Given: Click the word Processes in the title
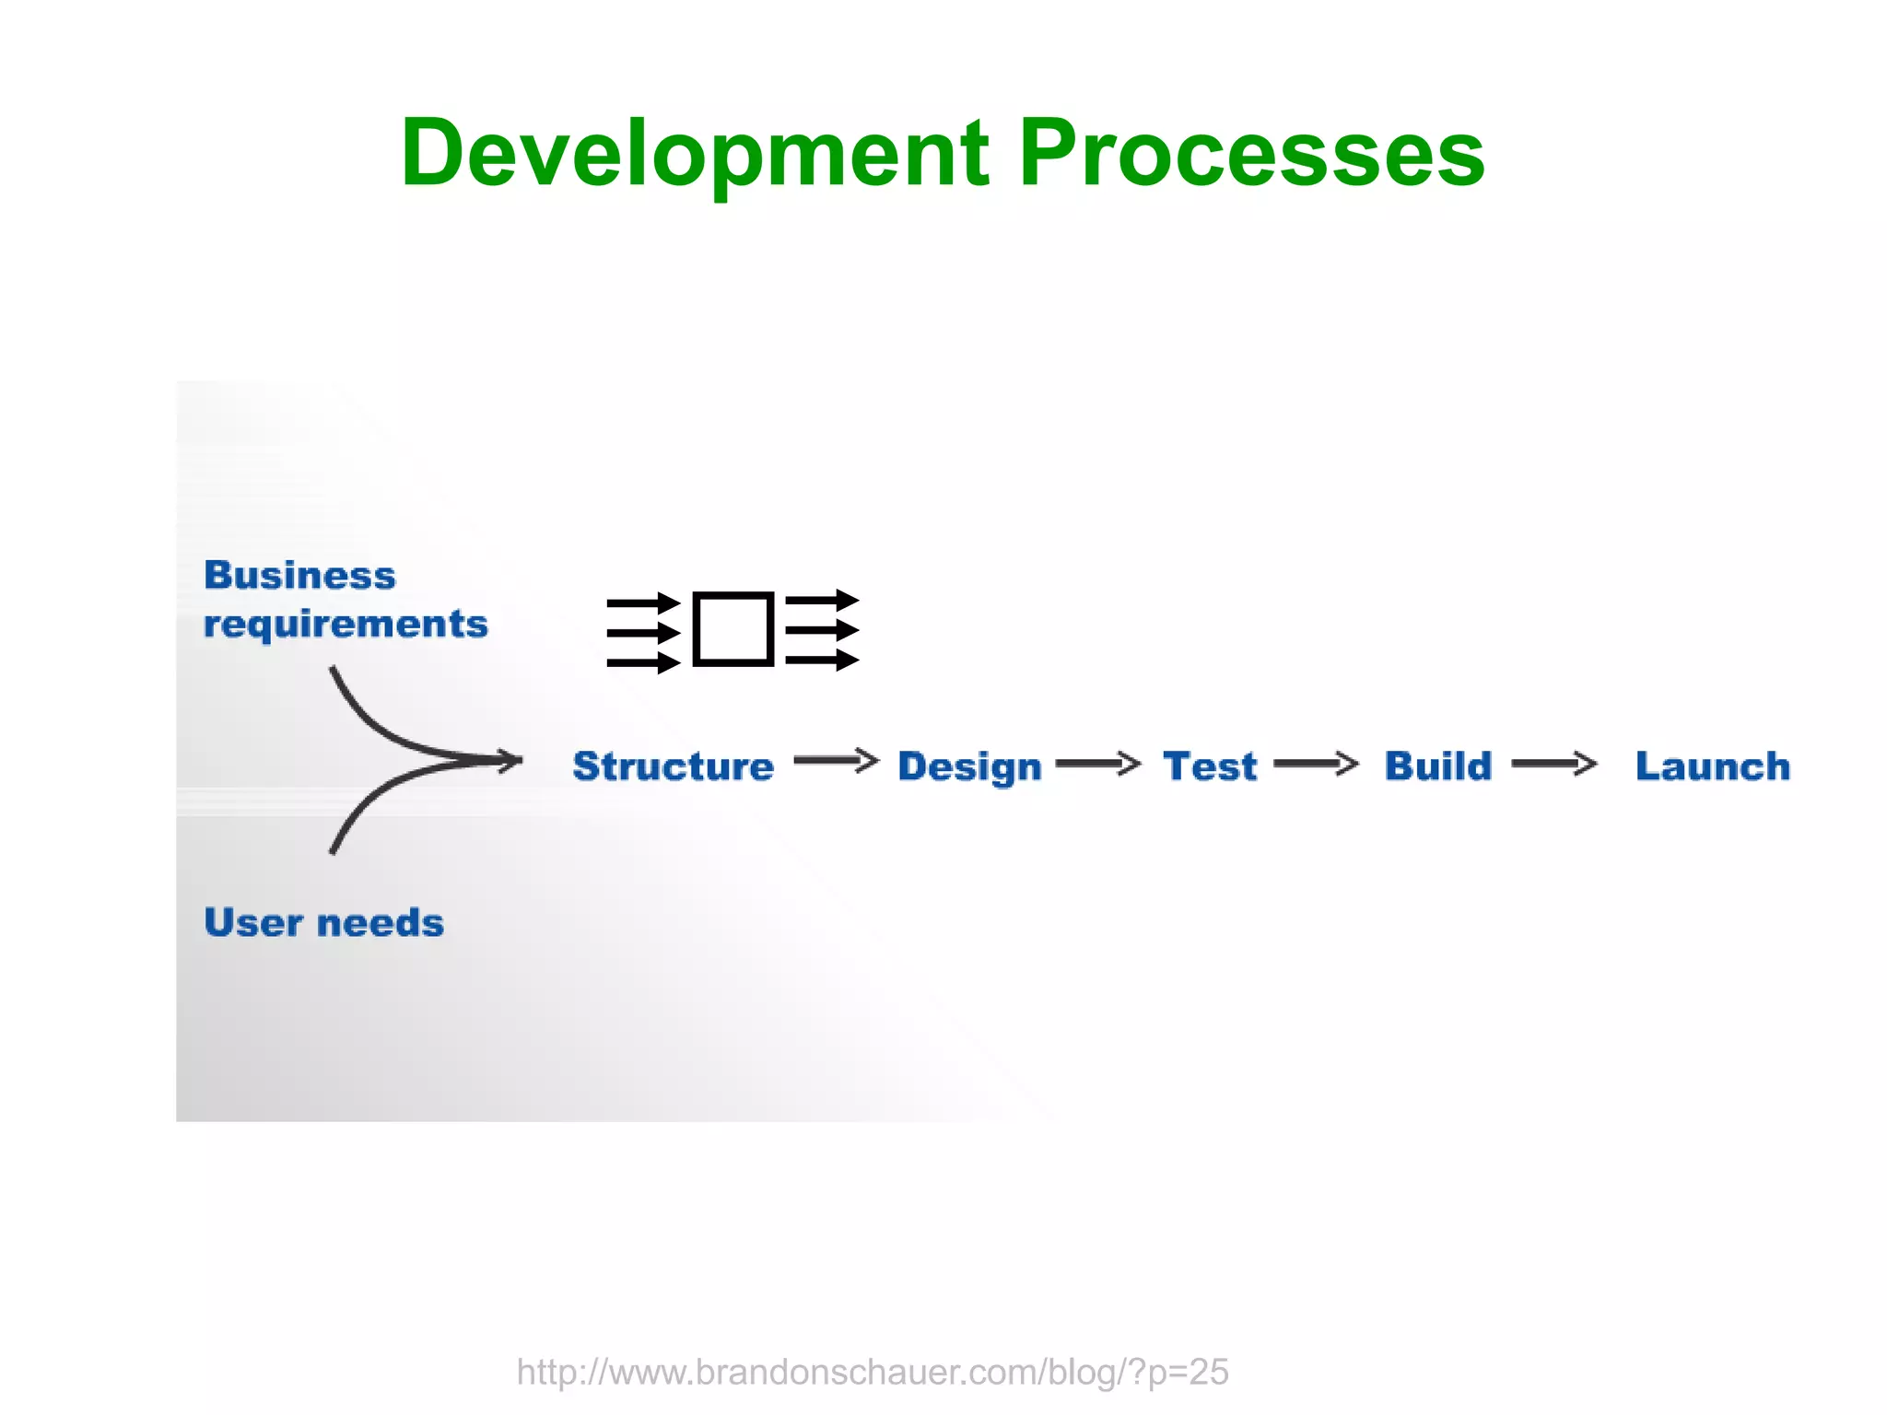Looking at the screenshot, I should click(x=1251, y=155).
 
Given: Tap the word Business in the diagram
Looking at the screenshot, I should click(x=299, y=575).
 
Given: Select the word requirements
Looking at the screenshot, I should click(x=346, y=625).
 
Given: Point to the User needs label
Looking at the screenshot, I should click(x=323, y=923).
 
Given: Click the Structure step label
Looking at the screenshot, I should click(x=673, y=766).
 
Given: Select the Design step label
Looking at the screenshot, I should click(x=969, y=766).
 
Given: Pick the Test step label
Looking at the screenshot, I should click(x=1209, y=766).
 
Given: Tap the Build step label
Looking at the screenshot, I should click(x=1437, y=766).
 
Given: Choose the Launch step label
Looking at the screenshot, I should click(x=1712, y=766).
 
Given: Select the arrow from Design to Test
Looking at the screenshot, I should click(x=1097, y=764).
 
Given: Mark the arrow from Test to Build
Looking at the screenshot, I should click(x=1316, y=764).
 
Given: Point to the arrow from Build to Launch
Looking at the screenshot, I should click(x=1553, y=764).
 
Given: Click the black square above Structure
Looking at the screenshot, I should click(x=733, y=629).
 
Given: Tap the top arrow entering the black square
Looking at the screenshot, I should click(x=642, y=604).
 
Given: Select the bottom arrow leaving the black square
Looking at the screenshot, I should click(x=821, y=660).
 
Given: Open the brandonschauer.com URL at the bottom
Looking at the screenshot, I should click(x=872, y=1372).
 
